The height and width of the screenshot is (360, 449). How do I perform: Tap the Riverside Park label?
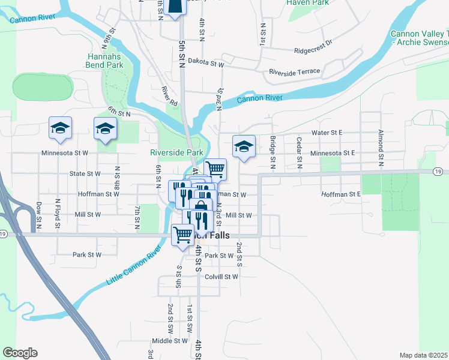pos(176,152)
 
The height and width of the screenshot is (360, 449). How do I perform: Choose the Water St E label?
pos(327,132)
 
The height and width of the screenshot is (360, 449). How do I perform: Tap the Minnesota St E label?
pos(332,153)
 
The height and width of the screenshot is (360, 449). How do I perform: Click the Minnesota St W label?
pos(64,153)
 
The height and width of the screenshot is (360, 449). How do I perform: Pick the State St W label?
pos(85,173)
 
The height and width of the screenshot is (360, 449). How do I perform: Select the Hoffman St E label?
pos(340,194)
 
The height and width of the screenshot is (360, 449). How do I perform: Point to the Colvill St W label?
pos(221,277)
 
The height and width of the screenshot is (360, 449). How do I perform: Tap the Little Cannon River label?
pos(134,265)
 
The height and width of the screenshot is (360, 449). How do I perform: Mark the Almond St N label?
pos(381,147)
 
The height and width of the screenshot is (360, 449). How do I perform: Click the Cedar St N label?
pos(298,151)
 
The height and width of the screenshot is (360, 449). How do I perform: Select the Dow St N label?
pos(38,215)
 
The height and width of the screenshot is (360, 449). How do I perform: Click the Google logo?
pos(20,353)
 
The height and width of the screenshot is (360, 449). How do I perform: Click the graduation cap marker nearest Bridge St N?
pos(244,147)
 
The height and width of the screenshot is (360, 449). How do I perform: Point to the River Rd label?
pos(170,97)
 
